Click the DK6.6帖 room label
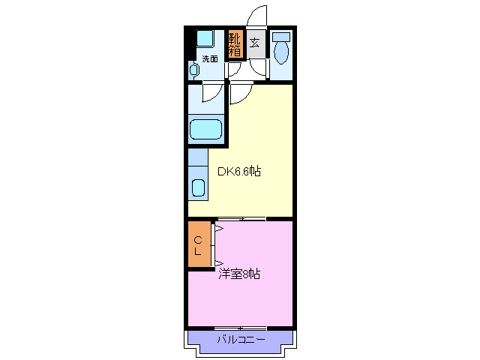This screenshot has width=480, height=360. click(x=239, y=172)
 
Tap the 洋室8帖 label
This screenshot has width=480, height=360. click(x=239, y=274)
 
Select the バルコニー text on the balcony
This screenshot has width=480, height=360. click(x=240, y=340)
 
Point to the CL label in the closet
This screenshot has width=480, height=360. click(x=198, y=245)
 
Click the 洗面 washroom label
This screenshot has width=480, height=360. click(x=210, y=58)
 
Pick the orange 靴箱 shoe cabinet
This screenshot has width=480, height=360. click(x=235, y=44)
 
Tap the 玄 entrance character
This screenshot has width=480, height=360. click(x=255, y=43)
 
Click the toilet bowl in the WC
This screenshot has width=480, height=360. click(x=281, y=52)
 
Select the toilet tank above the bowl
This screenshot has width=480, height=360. click(x=281, y=36)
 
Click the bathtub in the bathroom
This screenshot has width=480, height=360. click(x=205, y=129)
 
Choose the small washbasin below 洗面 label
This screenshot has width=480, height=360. click(x=193, y=70)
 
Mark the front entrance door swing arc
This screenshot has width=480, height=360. click(x=256, y=16)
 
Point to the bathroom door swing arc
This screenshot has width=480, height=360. click(x=211, y=93)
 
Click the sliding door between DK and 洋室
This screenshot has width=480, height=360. click(x=241, y=219)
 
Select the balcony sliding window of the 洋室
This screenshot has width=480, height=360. click(x=241, y=328)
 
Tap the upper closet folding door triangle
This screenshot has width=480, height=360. click(x=218, y=228)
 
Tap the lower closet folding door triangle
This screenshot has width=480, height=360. click(x=218, y=262)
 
